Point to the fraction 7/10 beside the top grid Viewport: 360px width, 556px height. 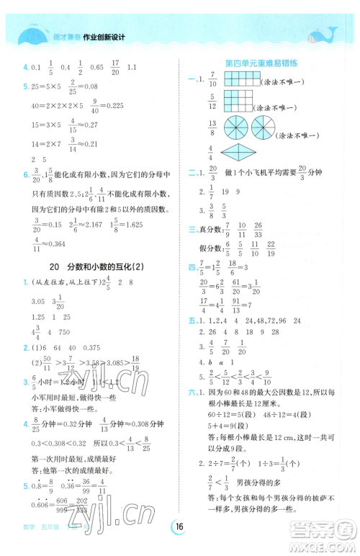coord(213,81)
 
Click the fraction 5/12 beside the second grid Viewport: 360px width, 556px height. coord(213,103)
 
